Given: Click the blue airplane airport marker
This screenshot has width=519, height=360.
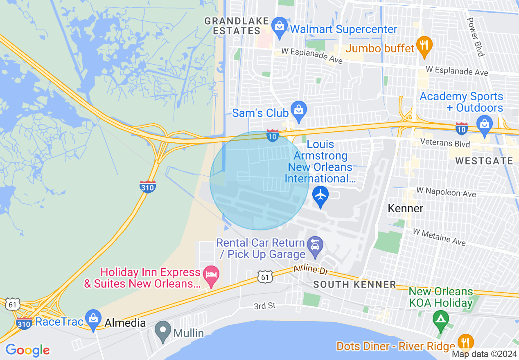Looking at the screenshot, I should [x=320, y=196].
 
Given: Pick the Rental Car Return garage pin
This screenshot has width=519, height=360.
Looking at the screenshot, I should [x=315, y=246].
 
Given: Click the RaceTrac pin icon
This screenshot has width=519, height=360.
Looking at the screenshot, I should [x=93, y=319].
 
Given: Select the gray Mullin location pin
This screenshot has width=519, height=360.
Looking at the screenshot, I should [x=164, y=331].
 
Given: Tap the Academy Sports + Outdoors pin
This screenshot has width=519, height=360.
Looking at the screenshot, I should [x=485, y=125].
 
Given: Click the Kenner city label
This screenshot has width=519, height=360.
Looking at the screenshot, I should [x=405, y=208].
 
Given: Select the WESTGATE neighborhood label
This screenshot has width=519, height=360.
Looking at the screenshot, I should [x=484, y=161].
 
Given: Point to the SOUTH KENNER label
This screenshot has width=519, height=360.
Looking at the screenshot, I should [x=354, y=284].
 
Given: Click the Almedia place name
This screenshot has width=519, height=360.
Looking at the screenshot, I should [x=125, y=323].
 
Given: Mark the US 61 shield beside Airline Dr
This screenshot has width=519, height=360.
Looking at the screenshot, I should [x=264, y=277].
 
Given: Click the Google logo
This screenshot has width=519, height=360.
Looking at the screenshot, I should [x=27, y=351].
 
